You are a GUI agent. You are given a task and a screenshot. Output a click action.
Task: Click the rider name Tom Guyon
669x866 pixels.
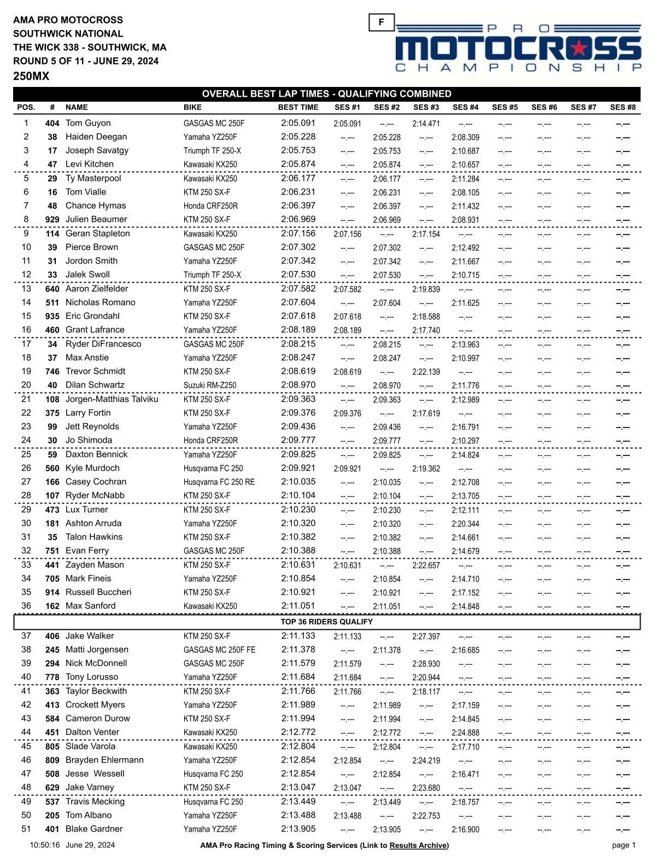88,123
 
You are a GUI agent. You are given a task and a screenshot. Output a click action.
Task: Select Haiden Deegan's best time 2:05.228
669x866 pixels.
298,137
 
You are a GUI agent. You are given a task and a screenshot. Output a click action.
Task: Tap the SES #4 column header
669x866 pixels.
465,108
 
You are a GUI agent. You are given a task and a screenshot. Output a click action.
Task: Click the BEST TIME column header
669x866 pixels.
298,108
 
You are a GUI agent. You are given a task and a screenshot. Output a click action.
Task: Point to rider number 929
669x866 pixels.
52,220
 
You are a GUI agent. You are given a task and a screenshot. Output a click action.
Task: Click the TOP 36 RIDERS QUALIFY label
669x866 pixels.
326,622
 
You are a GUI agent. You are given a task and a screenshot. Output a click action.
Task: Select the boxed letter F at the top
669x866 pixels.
381,22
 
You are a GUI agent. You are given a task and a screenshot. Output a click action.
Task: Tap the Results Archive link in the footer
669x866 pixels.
418,845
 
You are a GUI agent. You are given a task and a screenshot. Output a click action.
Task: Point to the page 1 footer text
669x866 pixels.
624,845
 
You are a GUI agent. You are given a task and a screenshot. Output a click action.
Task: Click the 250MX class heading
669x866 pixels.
31,77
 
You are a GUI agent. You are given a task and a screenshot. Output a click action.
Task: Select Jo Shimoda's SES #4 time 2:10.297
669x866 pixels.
465,441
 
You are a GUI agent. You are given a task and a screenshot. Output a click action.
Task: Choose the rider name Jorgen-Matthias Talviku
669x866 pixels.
111,399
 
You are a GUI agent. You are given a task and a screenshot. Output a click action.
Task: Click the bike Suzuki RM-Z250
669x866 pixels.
210,385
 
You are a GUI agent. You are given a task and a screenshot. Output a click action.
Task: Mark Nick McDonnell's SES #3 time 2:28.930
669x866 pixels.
426,664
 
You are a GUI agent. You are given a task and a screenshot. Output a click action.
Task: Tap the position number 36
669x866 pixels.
26,606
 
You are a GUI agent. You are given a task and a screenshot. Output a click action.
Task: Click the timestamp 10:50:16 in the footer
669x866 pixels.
45,845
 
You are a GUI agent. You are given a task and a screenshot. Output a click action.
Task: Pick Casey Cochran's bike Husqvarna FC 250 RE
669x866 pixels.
219,482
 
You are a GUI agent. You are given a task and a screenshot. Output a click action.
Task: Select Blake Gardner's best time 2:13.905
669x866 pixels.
298,829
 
